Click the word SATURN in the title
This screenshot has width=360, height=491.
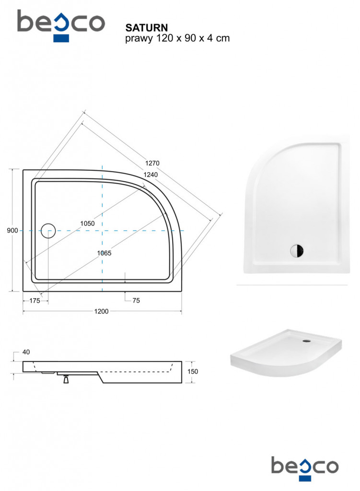(x=147, y=28)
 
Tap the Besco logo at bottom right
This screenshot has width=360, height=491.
(x=305, y=468)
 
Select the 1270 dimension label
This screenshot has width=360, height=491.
(x=152, y=163)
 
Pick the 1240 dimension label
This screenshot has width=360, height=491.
(x=151, y=175)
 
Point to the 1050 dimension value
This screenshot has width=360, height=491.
(x=87, y=223)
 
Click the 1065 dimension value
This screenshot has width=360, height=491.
(x=104, y=253)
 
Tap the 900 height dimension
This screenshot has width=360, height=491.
(x=12, y=231)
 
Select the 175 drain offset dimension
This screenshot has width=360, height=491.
(x=35, y=301)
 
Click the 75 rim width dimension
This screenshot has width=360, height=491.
(x=136, y=300)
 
